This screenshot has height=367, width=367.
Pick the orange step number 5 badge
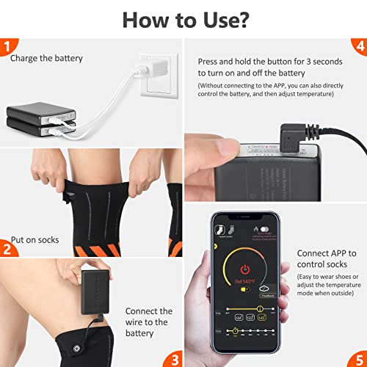pos(358,358)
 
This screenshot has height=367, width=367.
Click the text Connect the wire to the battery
pos(149,322)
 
